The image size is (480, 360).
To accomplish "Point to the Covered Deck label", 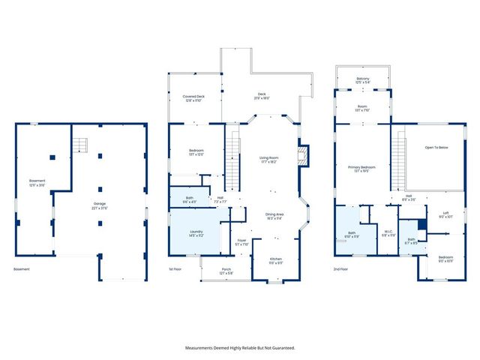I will coord(193,97).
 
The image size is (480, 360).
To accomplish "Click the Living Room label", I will coord(269,159).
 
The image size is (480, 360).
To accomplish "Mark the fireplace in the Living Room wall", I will coord(303,155).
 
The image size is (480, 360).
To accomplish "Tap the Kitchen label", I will coord(276,259).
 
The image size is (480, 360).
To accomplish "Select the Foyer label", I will coord(241,241).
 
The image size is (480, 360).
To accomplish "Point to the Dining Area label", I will coord(275,216).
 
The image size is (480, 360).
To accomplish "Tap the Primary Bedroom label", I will coord(362,168).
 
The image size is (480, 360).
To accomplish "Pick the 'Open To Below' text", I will coord(436,148).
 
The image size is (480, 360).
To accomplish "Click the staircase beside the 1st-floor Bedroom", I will coord(235,159).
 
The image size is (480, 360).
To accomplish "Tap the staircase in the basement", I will coord(79,144).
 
